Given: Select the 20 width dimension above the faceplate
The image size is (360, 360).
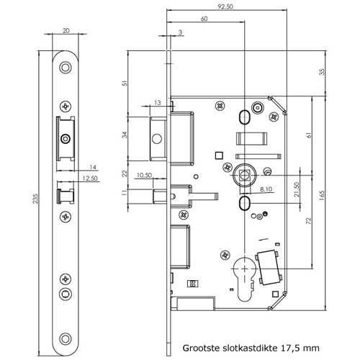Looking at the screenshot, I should (x=66, y=31).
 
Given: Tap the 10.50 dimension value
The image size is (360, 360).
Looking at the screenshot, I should (x=143, y=175).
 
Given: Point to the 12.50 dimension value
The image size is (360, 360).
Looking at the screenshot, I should (x=90, y=178).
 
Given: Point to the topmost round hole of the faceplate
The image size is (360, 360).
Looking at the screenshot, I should (x=66, y=68).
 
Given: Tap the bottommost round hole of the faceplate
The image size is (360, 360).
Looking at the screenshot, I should (x=66, y=338).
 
